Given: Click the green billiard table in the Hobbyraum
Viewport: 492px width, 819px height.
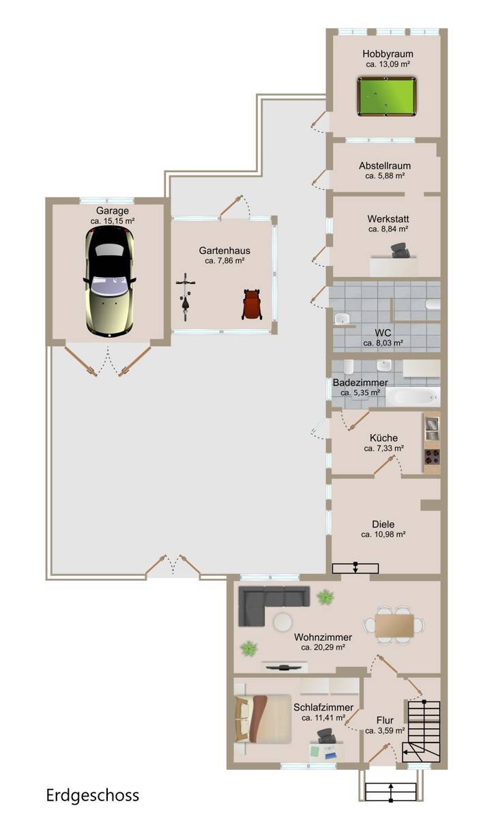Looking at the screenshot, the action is click(386, 96).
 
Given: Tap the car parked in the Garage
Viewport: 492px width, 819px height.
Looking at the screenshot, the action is click(109, 281).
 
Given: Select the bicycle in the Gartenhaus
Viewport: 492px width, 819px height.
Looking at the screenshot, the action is click(186, 297).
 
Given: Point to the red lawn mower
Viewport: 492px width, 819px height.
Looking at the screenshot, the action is click(252, 304).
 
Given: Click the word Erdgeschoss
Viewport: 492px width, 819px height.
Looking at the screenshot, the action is click(93, 795).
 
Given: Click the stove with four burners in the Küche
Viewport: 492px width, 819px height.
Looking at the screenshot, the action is click(432, 457).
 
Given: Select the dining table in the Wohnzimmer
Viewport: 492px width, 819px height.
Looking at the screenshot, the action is click(394, 625).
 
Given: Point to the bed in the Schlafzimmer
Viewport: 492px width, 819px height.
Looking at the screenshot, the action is click(263, 719).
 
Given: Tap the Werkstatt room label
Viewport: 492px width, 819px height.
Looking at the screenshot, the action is click(388, 218).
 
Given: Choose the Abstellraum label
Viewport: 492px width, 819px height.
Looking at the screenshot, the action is click(385, 166).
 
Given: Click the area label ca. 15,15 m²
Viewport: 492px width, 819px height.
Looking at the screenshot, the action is click(113, 221).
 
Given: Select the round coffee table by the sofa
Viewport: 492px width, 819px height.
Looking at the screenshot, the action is click(283, 622).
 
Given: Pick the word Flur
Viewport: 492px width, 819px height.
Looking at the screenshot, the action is click(385, 720).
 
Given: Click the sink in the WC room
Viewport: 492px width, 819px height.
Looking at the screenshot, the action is click(342, 319).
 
